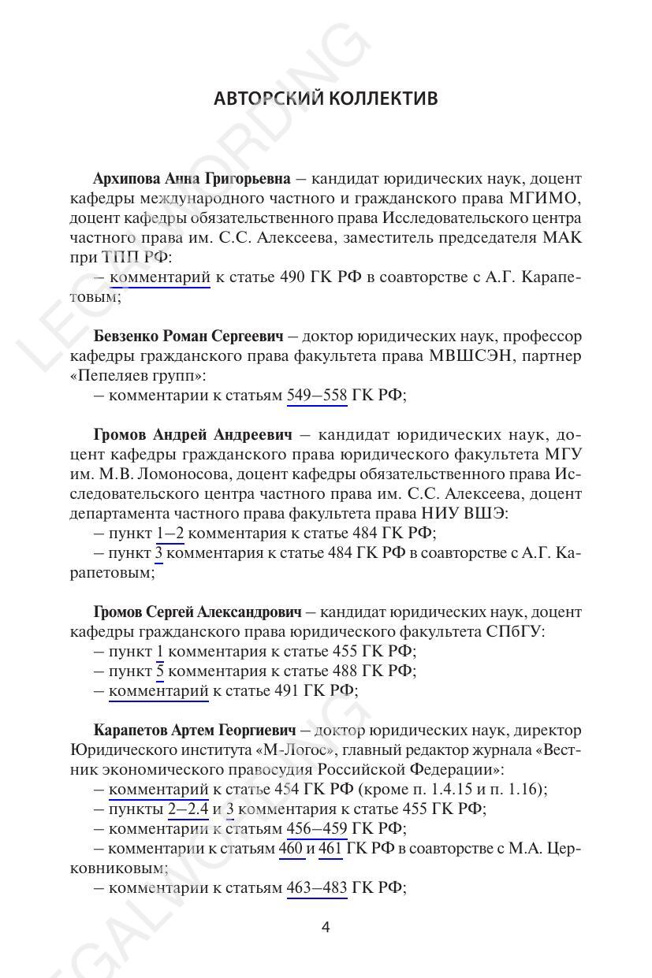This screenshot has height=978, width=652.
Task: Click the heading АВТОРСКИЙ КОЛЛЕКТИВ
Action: (326, 99)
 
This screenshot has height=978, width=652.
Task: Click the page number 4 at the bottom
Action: (326, 928)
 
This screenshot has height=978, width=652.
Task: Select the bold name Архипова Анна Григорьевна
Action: (192, 179)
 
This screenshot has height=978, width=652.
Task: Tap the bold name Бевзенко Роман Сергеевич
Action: (188, 337)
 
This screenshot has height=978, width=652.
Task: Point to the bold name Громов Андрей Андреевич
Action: (192, 435)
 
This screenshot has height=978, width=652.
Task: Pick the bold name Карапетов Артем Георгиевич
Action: (194, 731)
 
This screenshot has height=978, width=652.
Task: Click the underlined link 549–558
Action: (317, 396)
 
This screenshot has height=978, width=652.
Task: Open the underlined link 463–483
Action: (317, 888)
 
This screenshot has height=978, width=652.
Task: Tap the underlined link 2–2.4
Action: (188, 809)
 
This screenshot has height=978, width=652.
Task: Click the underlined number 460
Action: (291, 849)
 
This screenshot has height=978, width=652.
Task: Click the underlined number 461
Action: (330, 849)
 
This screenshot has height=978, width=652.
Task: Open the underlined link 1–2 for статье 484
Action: (170, 534)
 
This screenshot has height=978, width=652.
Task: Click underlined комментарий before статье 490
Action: (159, 277)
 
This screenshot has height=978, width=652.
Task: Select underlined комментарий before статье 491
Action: (158, 691)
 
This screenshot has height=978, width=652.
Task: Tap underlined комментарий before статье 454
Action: (158, 790)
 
